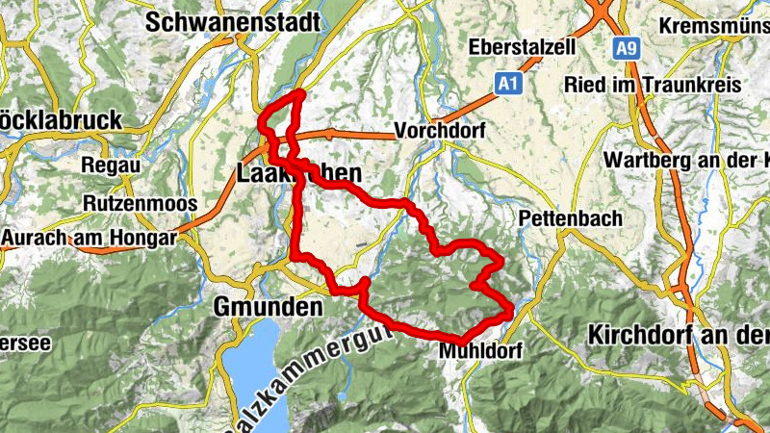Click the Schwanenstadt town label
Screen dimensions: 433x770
click(232, 22)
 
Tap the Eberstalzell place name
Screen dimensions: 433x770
click(522, 47)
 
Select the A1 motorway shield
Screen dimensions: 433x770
click(509, 86)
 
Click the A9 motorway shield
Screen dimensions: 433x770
click(628, 46)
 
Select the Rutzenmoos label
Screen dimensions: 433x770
click(140, 204)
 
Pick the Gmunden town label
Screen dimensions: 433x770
click(267, 308)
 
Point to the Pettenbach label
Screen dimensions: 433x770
click(570, 218)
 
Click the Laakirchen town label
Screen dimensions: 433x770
click(298, 174)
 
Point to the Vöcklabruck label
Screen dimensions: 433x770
click(60, 121)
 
